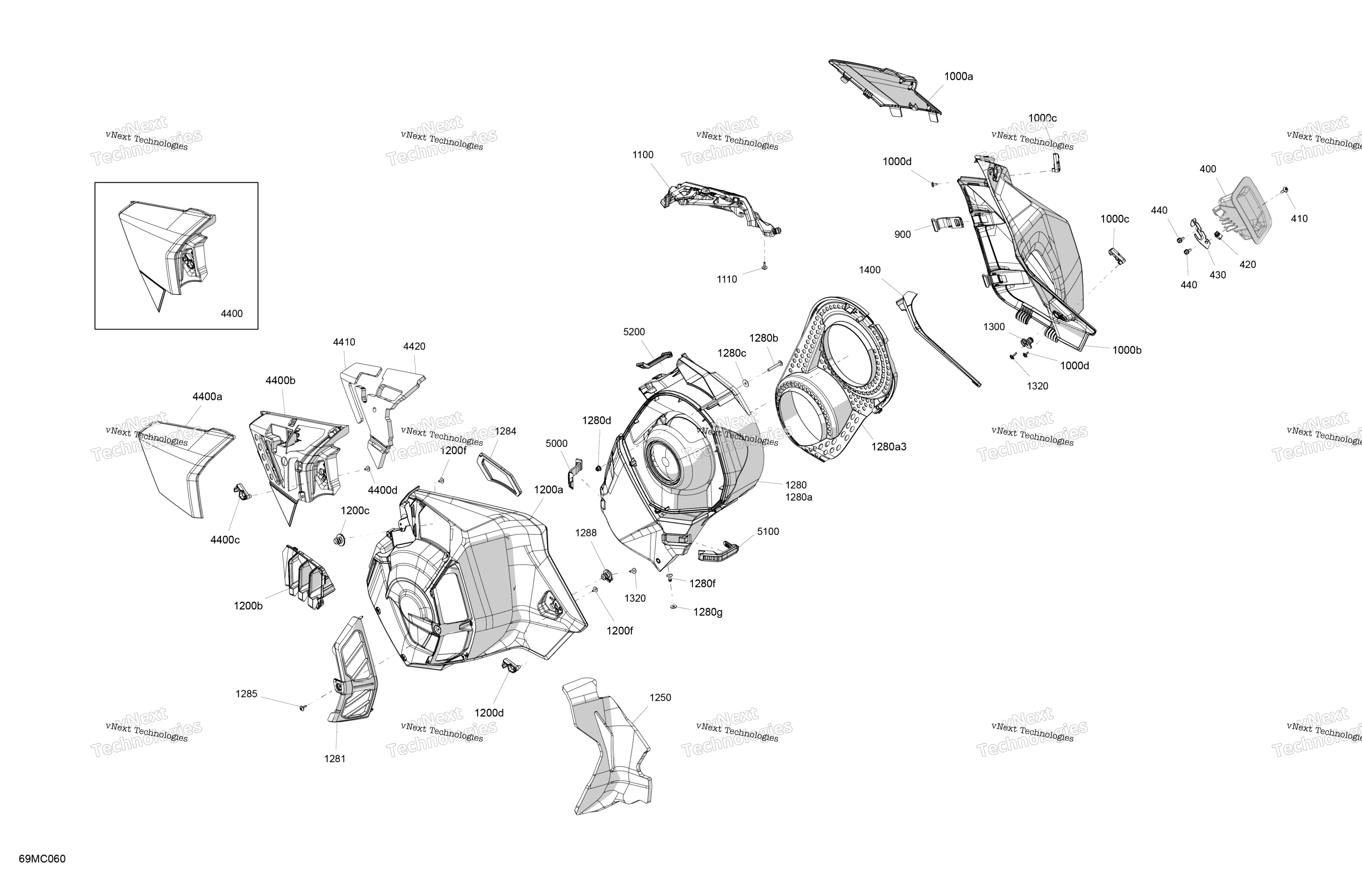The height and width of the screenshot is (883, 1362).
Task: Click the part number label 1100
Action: [x=643, y=155]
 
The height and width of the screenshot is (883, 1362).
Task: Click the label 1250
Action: [x=660, y=698]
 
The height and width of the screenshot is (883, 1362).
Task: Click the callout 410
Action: [x=1299, y=219]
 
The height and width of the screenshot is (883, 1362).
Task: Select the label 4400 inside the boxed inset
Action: [x=232, y=313]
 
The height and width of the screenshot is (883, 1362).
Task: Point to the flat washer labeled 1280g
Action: [x=674, y=607]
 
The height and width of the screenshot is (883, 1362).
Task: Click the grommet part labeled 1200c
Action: [x=339, y=539]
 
